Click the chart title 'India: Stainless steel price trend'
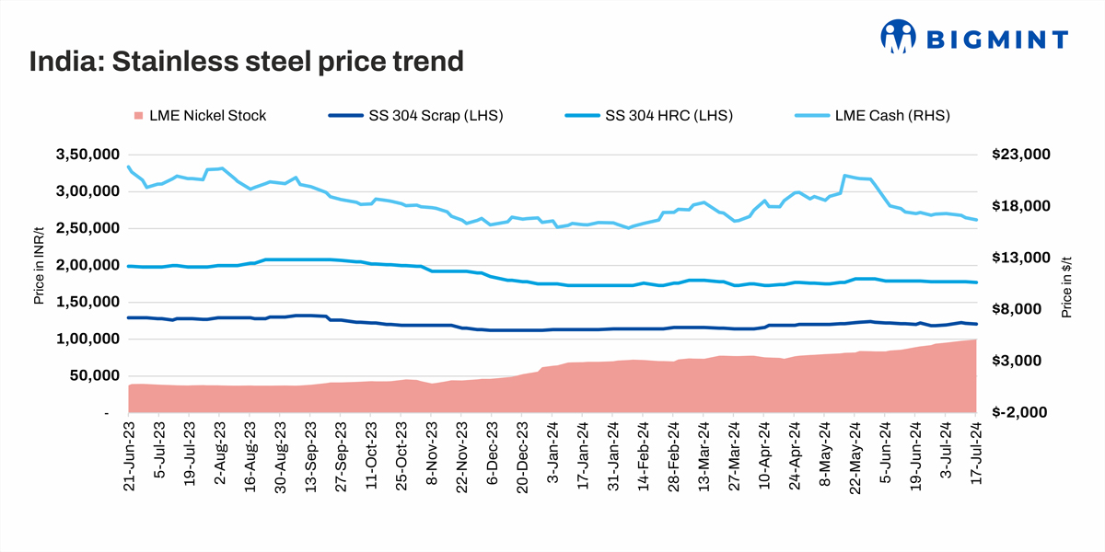245,62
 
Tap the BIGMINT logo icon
900,38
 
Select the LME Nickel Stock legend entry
200,115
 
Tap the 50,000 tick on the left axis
90,375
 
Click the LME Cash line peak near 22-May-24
844,175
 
